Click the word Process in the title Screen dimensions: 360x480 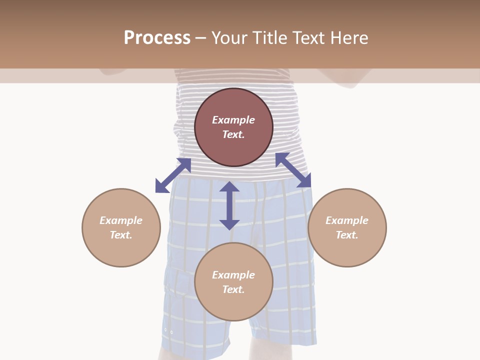click(157, 38)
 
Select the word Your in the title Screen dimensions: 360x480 click(229, 38)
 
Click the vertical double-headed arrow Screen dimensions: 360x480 click(229, 205)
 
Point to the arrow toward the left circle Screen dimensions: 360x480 click(173, 175)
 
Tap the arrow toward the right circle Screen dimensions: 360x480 click(293, 170)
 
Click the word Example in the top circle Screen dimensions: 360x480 click(233, 120)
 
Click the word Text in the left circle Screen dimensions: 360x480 click(120, 235)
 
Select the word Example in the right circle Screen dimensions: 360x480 click(347, 220)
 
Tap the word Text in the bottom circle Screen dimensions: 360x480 click(233, 289)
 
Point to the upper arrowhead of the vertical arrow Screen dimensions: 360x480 click(229, 187)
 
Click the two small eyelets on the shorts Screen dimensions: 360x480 click(168, 331)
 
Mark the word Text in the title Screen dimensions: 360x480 click(308, 38)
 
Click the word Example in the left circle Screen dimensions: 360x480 click(121, 220)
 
